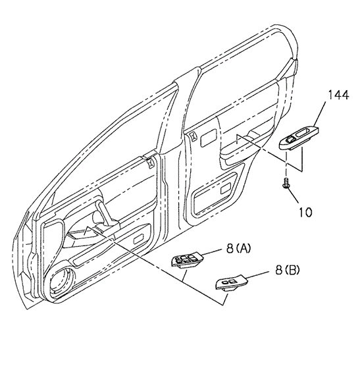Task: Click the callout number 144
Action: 338,95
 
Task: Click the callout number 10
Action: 305,212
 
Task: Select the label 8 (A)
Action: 239,248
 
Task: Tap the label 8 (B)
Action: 288,270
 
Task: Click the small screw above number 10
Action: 286,182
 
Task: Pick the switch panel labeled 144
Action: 299,138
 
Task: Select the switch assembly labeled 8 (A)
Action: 188,260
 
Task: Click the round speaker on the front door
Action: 63,280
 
